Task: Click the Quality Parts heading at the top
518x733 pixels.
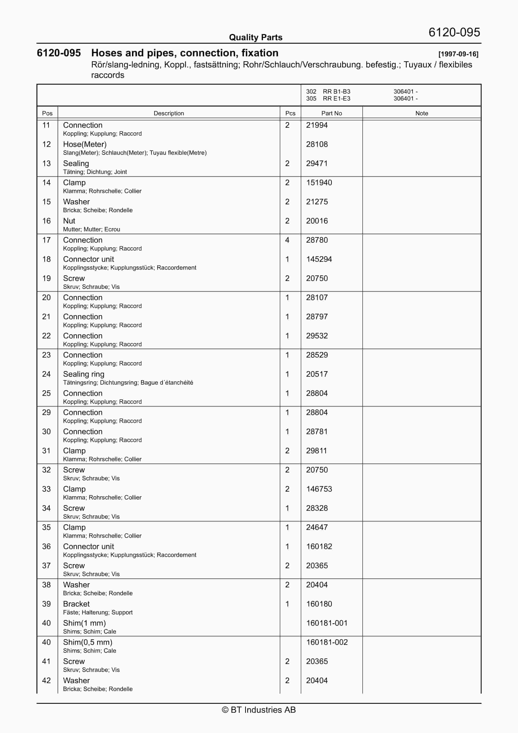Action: click(256, 37)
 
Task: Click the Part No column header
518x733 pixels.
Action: click(331, 113)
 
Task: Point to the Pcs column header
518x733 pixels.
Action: click(290, 113)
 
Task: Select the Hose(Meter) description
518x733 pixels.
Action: click(85, 144)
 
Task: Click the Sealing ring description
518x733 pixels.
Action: click(83, 374)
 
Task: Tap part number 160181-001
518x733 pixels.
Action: click(326, 623)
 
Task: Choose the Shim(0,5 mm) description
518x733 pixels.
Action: click(87, 642)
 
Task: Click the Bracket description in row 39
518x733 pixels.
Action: click(76, 604)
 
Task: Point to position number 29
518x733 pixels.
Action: click(46, 412)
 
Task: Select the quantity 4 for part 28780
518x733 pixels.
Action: click(287, 240)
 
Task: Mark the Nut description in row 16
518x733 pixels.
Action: click(69, 221)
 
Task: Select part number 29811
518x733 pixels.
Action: click(316, 451)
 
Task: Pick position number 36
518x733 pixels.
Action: click(46, 546)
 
